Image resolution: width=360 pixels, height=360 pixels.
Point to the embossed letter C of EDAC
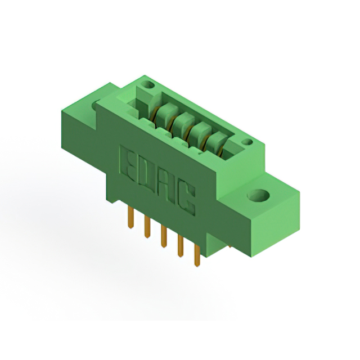pos(186,199)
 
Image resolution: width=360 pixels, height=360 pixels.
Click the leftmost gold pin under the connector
pos(130,217)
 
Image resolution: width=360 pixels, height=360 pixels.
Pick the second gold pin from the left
pos(147,227)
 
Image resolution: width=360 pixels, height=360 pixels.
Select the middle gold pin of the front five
pos(164,236)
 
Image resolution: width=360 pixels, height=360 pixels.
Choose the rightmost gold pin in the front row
pos(197,255)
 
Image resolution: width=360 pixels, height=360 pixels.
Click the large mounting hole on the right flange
pos(259,195)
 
